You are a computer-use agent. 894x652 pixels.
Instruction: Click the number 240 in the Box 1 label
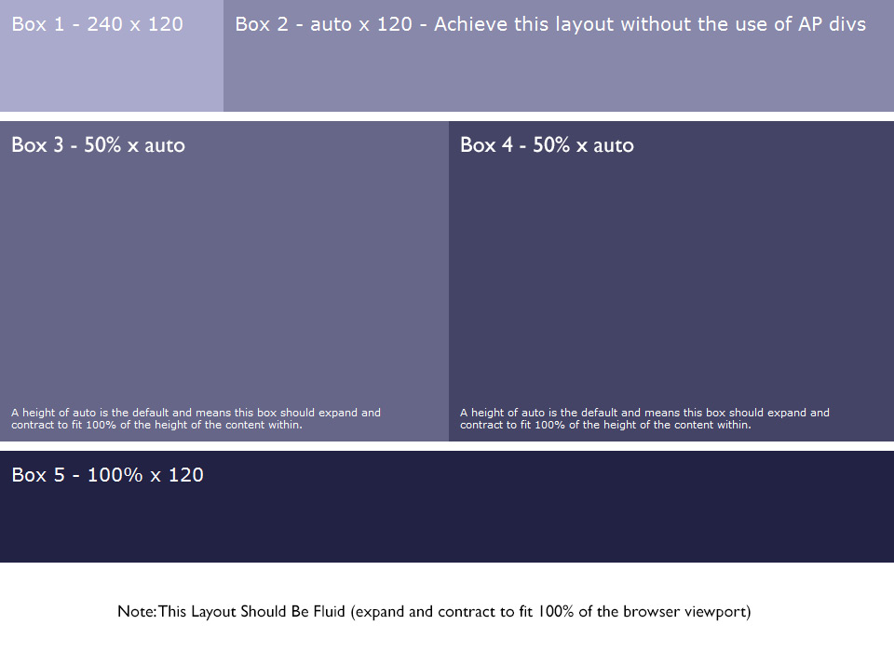point(104,24)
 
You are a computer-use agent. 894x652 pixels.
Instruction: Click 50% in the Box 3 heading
point(102,145)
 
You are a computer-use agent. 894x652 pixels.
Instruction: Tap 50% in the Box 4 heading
point(551,145)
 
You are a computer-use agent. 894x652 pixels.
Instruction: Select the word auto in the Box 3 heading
point(165,146)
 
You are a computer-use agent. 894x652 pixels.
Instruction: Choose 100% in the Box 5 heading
point(115,475)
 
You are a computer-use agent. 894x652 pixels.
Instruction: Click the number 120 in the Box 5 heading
point(185,475)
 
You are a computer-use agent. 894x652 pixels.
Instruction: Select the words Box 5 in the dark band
point(38,475)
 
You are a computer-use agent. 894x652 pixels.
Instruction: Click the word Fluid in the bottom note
point(329,612)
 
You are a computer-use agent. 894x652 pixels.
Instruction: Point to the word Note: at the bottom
point(137,612)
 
